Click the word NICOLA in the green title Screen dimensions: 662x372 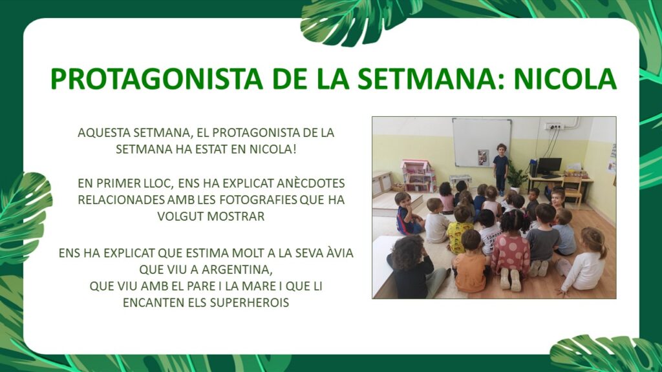(x=565, y=78)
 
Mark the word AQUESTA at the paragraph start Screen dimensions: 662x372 (x=104, y=132)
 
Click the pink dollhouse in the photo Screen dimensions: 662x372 (x=418, y=176)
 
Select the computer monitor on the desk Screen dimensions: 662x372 (x=550, y=167)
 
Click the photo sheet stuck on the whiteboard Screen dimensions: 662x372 (x=483, y=158)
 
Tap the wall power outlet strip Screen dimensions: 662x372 (x=553, y=126)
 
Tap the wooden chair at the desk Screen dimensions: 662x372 (x=571, y=189)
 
